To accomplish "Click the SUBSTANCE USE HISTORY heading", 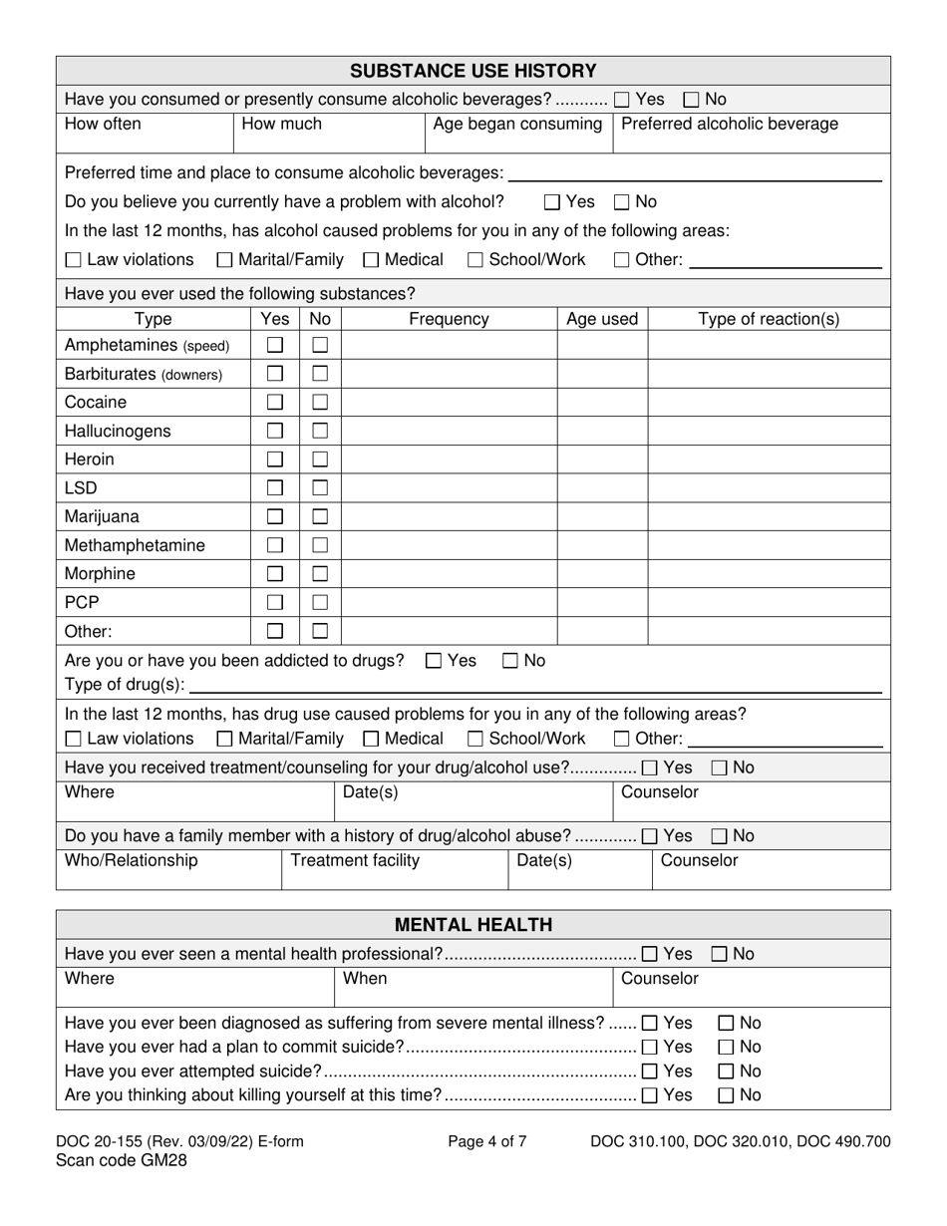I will click(473, 71).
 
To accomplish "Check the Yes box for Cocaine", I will click(275, 403).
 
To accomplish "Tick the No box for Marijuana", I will click(320, 517).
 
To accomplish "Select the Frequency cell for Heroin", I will click(449, 460).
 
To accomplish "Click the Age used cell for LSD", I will click(602, 488).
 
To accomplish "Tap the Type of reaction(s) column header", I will click(769, 319).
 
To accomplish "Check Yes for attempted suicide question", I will click(650, 1072).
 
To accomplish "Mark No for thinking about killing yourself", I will click(727, 1095).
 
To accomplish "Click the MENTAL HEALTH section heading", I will click(473, 925).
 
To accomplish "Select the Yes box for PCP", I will click(275, 603).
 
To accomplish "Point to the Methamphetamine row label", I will click(135, 545).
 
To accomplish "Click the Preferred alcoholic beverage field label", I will click(730, 125).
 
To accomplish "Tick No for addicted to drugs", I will click(510, 661).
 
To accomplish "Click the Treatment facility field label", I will click(355, 860).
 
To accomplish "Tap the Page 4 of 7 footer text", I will click(487, 1142).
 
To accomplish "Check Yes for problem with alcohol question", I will click(553, 202).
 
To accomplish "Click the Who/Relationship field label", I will click(132, 860).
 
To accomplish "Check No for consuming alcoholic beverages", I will click(692, 100).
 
